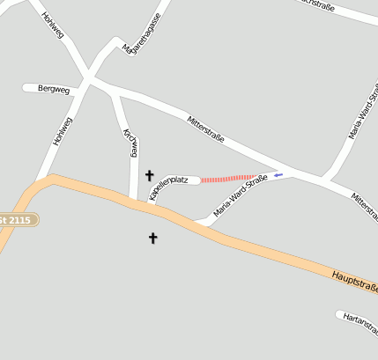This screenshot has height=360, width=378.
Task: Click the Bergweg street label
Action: (x=55, y=89)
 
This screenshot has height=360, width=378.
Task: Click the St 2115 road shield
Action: (x=18, y=218)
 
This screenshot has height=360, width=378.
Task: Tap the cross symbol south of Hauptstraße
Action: (x=152, y=238)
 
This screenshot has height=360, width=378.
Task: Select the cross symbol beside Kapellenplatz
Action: (x=149, y=175)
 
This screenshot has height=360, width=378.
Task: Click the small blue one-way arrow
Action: (x=278, y=175)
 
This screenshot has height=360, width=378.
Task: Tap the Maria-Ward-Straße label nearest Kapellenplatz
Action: (x=241, y=196)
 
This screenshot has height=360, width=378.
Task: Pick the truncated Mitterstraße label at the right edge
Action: (x=365, y=204)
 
